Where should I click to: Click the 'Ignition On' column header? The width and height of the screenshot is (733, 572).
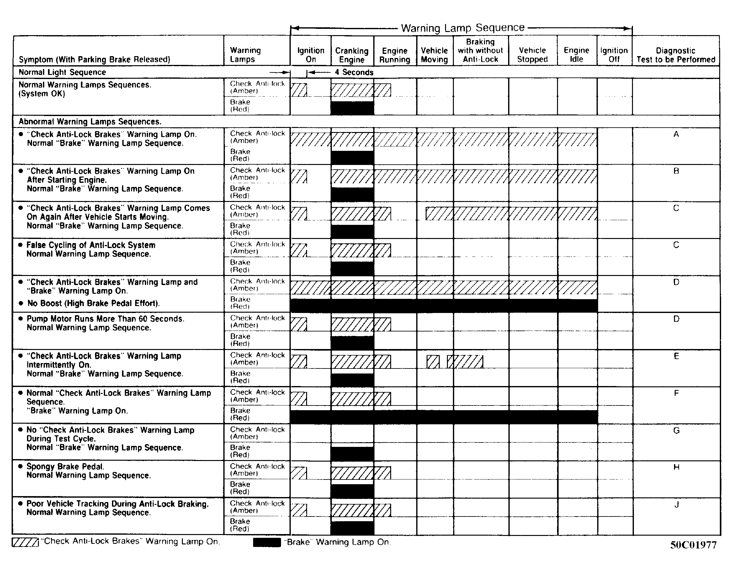pos(311,55)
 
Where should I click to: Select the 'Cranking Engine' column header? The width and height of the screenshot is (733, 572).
pos(352,55)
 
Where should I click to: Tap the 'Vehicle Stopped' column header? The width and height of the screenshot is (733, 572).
pos(532,55)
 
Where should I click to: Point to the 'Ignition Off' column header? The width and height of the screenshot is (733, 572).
pos(614,55)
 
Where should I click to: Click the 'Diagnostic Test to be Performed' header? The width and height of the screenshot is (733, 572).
pos(676,55)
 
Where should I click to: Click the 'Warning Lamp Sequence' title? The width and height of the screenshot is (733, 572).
pos(463,28)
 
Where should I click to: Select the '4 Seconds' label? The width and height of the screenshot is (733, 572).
pos(354,72)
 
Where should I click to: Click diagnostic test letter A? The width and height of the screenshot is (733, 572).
pos(676,134)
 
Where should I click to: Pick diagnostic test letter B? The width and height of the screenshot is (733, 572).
pos(676,171)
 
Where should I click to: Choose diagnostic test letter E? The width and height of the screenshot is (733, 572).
pos(676,356)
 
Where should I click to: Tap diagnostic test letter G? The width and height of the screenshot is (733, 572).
pos(676,431)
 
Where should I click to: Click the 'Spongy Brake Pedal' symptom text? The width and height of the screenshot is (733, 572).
pos(66,467)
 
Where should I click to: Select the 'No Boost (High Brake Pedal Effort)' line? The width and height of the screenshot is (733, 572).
pos(93,304)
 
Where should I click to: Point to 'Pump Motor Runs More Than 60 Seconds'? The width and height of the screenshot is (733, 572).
pos(105,319)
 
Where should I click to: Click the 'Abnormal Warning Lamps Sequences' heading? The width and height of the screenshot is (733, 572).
pos(90,121)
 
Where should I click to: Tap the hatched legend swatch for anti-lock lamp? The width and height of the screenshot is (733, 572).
pos(25,543)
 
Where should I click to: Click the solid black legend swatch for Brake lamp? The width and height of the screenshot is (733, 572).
pos(267,543)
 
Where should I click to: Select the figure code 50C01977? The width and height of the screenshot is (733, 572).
pos(693,545)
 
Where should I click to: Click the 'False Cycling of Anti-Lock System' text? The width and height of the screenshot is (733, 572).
pos(91,245)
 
